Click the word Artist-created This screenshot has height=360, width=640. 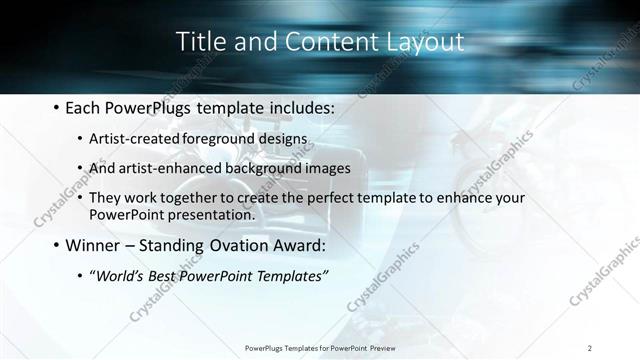[131, 137]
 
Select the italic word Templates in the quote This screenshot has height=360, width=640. [290, 276]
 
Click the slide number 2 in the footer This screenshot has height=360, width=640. [590, 347]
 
